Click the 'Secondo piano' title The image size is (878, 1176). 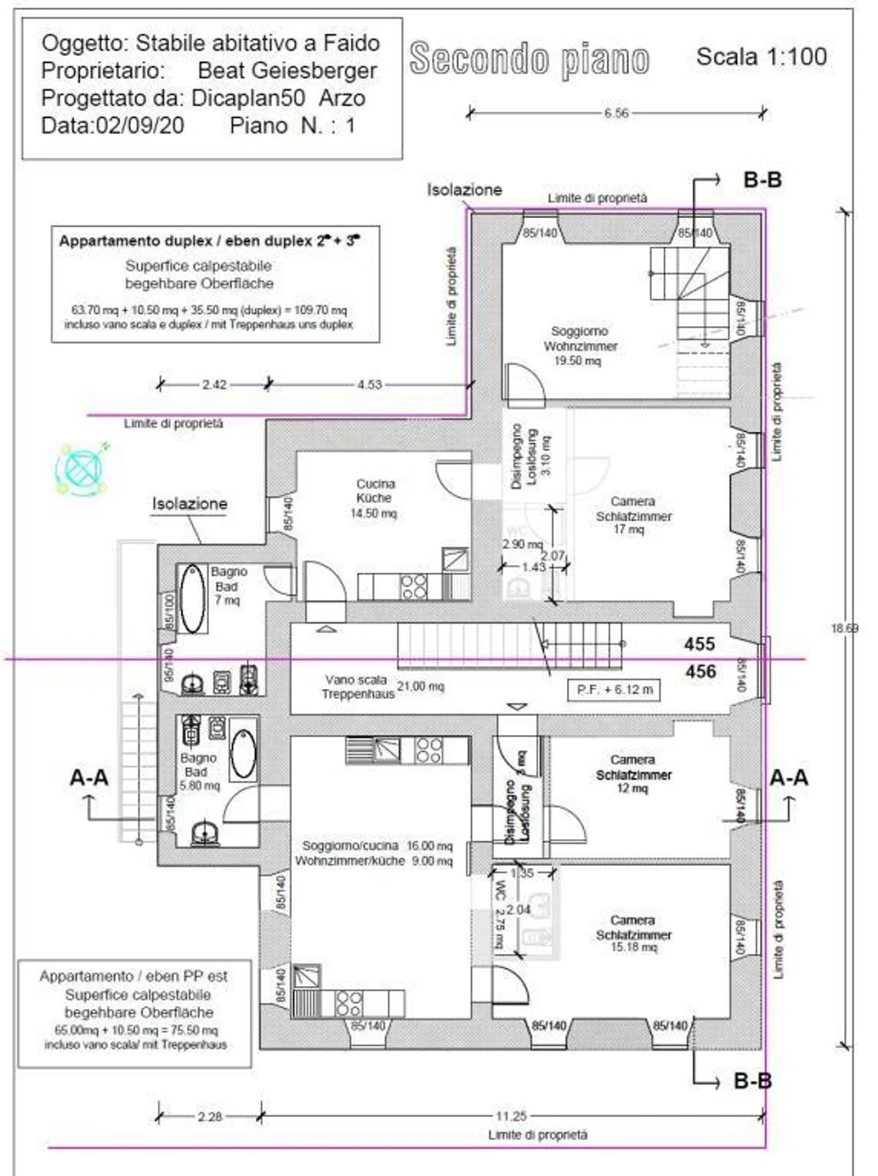pyautogui.click(x=529, y=59)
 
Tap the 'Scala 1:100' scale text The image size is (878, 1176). pyautogui.click(x=761, y=57)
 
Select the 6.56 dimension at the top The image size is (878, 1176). pyautogui.click(x=616, y=113)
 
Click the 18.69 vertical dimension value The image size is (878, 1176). pyautogui.click(x=844, y=628)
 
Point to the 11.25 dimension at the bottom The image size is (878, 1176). pyautogui.click(x=510, y=1116)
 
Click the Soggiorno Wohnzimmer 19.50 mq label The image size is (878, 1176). pyautogui.click(x=579, y=345)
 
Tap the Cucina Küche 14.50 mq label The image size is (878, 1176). pyautogui.click(x=374, y=498)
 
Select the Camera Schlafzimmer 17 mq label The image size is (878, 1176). pyautogui.click(x=633, y=515)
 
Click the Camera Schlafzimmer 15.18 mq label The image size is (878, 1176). pyautogui.click(x=633, y=933)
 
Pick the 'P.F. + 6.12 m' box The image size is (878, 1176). pyautogui.click(x=614, y=690)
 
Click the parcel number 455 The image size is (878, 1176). pyautogui.click(x=699, y=643)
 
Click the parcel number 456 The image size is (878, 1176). pyautogui.click(x=700, y=671)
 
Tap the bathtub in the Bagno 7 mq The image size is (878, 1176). pyautogui.click(x=193, y=598)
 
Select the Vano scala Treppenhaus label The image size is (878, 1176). pyautogui.click(x=357, y=687)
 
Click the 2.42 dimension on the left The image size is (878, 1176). pyautogui.click(x=214, y=384)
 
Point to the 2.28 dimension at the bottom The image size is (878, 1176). pyautogui.click(x=209, y=1116)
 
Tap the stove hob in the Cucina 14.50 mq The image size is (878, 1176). pyautogui.click(x=413, y=586)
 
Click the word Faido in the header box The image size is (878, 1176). pyautogui.click(x=351, y=43)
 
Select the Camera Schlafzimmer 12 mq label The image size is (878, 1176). pyautogui.click(x=633, y=774)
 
